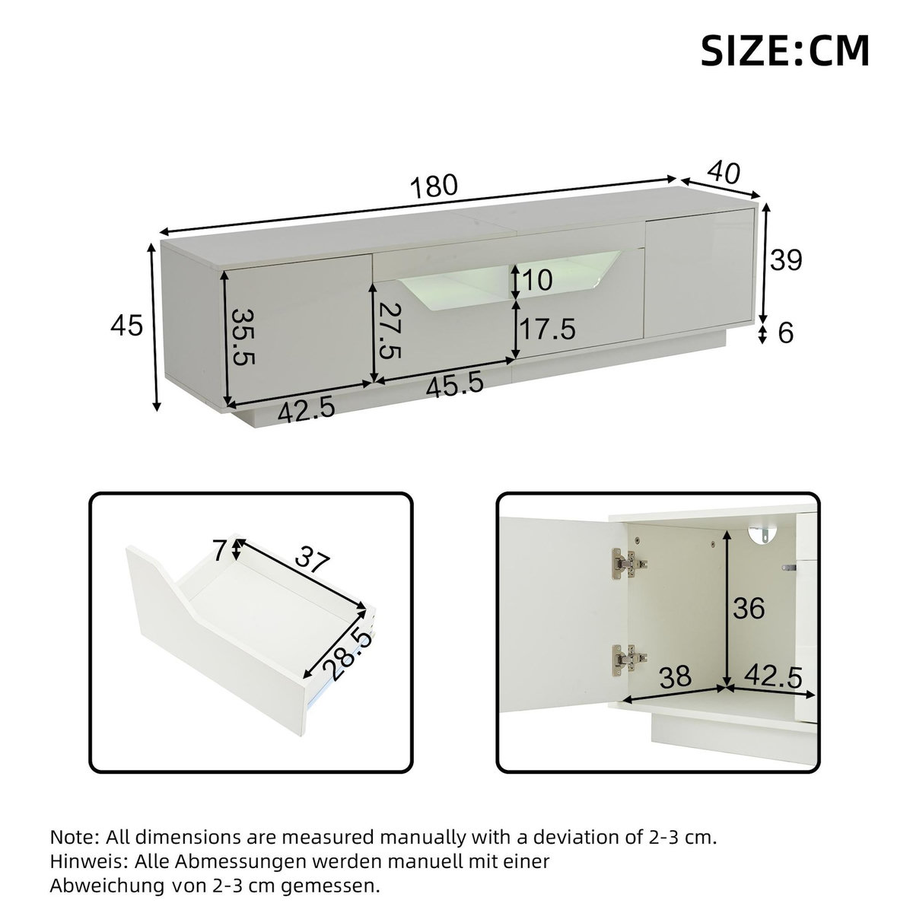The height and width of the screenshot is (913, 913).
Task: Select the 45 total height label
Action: pyautogui.click(x=126, y=326)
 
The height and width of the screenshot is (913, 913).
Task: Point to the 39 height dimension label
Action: pyautogui.click(x=785, y=260)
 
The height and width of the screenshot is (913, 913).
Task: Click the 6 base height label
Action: pyautogui.click(x=786, y=332)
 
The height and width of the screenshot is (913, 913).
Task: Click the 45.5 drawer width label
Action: pyautogui.click(x=455, y=384)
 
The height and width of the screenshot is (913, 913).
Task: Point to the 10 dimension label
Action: pyautogui.click(x=537, y=281)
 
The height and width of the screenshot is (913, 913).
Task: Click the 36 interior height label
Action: pyautogui.click(x=749, y=608)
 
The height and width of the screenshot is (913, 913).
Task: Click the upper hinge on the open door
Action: pyautogui.click(x=628, y=564)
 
